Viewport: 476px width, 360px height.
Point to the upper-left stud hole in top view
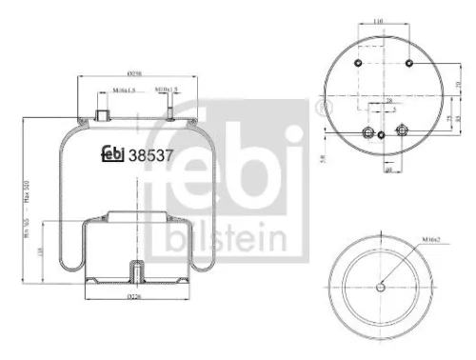click(358, 64)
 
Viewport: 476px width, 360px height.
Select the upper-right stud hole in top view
click(408, 64)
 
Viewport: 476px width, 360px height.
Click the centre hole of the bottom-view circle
click(382, 289)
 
